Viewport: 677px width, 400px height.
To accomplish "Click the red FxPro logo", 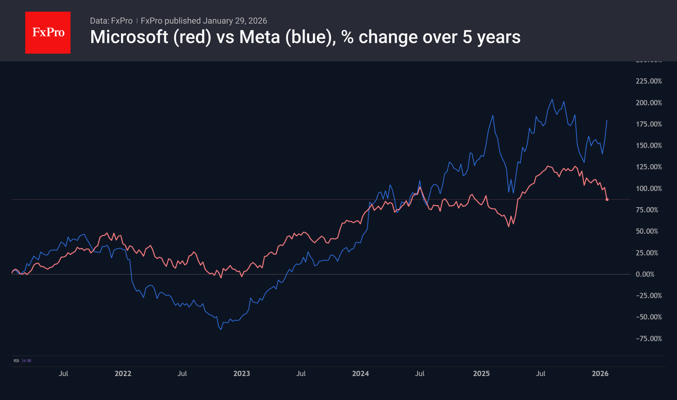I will tap(48, 32).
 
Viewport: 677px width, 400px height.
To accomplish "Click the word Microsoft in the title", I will tap(129, 37).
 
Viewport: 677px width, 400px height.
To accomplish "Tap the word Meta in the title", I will tap(259, 37).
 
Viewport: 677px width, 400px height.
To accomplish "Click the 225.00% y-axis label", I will tap(649, 81).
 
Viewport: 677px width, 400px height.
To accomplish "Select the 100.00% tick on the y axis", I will tap(649, 188).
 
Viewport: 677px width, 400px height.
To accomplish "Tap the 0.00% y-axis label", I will tap(645, 274).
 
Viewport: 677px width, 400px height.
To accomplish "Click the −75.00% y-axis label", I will tap(649, 338).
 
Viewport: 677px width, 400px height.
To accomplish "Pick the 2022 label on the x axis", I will tap(123, 373).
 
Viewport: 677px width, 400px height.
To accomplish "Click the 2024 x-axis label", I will tap(361, 373).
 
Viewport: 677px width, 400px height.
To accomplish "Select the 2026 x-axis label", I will tap(600, 373).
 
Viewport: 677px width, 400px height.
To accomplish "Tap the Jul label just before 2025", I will tap(420, 373).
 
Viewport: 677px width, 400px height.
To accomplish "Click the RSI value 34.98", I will tap(26, 361).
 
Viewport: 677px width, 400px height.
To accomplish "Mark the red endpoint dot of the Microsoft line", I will tap(607, 199).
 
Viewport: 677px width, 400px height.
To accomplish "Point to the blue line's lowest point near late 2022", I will tap(221, 329).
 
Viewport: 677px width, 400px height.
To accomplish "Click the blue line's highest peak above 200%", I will tap(552, 100).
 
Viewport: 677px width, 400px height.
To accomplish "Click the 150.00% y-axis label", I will tap(649, 146).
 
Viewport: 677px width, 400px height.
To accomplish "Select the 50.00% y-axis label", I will tap(647, 231).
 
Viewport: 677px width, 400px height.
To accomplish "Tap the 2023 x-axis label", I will tap(242, 373).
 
